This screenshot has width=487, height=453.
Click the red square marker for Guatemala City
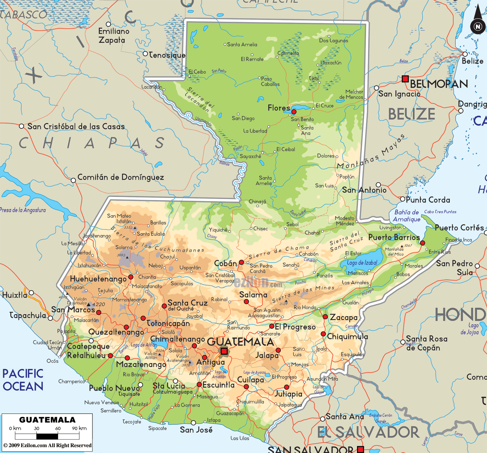224,351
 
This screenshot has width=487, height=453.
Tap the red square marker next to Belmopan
405,79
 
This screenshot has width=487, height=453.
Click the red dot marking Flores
294,112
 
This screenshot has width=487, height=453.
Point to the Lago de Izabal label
362,263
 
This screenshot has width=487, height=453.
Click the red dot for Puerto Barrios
423,243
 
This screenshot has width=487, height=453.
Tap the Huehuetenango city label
98,279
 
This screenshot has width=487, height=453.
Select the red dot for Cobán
241,262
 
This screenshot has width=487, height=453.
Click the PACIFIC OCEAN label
23,380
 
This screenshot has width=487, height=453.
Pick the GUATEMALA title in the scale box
47,420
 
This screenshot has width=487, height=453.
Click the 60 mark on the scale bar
58,429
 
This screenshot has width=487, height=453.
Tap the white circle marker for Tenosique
146,54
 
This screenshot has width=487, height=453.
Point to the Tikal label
314,79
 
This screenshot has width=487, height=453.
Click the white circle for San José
193,423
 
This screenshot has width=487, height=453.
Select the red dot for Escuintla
199,384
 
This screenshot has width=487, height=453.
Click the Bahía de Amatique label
407,216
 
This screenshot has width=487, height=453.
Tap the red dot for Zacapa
325,317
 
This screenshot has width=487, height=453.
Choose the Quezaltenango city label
116,332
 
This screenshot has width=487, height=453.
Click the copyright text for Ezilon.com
47,445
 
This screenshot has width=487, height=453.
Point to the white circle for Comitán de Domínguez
73,180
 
